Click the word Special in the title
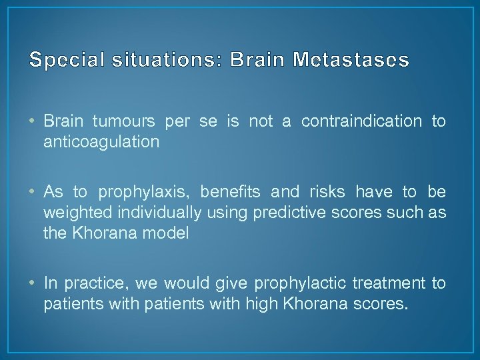pos(62,61)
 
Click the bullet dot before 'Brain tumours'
pos(34,122)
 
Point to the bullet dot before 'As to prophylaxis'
pos(34,193)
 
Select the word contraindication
pos(361,122)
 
